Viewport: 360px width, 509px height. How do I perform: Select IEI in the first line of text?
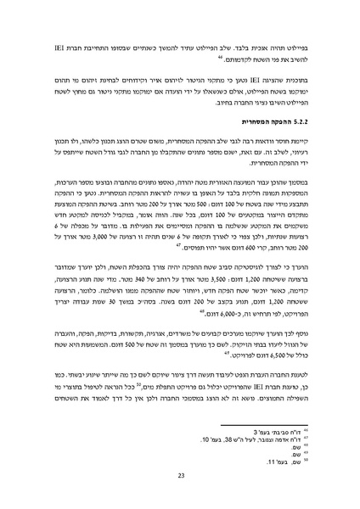pos(292,37)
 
